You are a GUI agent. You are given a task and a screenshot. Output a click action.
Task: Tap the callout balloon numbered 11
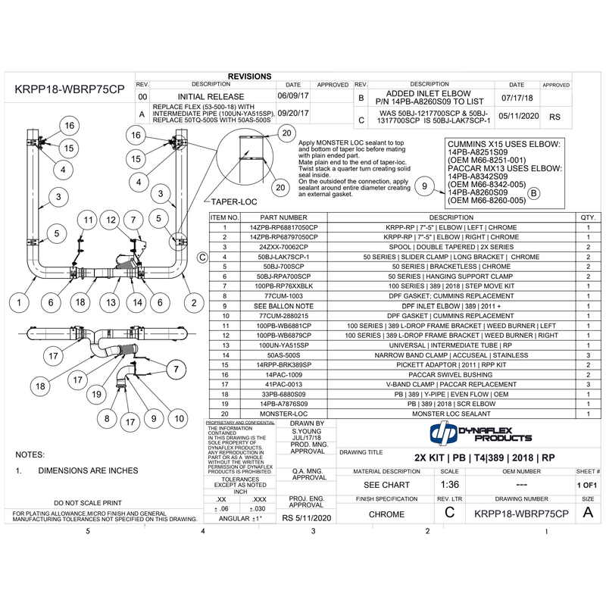[x=88, y=220]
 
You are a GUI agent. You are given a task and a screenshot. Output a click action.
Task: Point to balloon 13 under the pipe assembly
[x=111, y=303]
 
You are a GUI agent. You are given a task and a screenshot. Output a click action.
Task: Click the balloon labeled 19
[x=96, y=394]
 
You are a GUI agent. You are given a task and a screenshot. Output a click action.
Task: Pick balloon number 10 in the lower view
[x=179, y=418]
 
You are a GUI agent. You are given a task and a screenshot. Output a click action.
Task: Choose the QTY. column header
[x=587, y=217]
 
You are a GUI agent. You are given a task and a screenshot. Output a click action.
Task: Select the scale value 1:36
[x=449, y=485]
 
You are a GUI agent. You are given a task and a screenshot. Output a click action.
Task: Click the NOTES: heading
[x=31, y=454]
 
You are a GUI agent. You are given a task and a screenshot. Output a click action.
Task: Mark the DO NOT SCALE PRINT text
[x=88, y=502]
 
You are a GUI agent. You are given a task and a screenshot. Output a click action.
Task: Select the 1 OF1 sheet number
[x=588, y=485]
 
